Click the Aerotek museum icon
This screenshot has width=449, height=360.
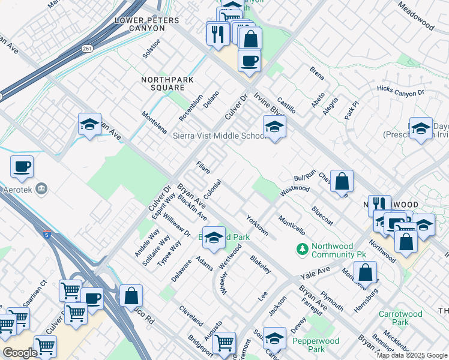42,189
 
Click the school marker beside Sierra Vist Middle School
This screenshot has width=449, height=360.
274,127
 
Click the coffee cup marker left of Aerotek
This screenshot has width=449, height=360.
22,167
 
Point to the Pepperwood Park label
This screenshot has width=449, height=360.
316,345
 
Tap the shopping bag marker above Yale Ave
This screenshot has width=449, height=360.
365,272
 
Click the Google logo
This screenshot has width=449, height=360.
20,353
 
